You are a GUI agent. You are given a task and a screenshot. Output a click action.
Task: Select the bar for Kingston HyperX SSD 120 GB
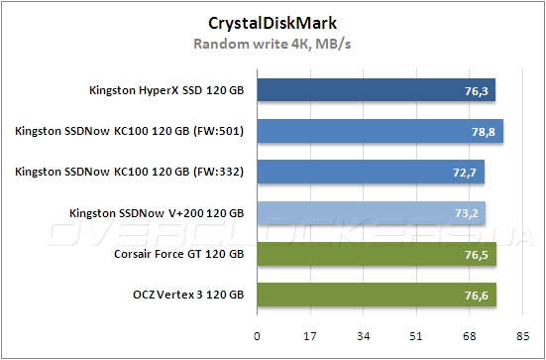click(376, 91)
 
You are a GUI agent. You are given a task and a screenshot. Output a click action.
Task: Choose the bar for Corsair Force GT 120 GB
click(377, 254)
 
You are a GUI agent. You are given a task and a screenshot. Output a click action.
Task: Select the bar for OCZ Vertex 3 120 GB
click(377, 295)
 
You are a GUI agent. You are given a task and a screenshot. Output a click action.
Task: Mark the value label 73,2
click(465, 213)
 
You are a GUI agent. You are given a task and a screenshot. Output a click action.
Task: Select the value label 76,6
click(476, 296)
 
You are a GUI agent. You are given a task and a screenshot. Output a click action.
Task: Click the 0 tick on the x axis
click(258, 335)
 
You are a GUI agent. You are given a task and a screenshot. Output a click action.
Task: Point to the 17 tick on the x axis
click(310, 335)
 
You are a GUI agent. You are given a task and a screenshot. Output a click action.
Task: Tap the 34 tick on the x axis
click(364, 335)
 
